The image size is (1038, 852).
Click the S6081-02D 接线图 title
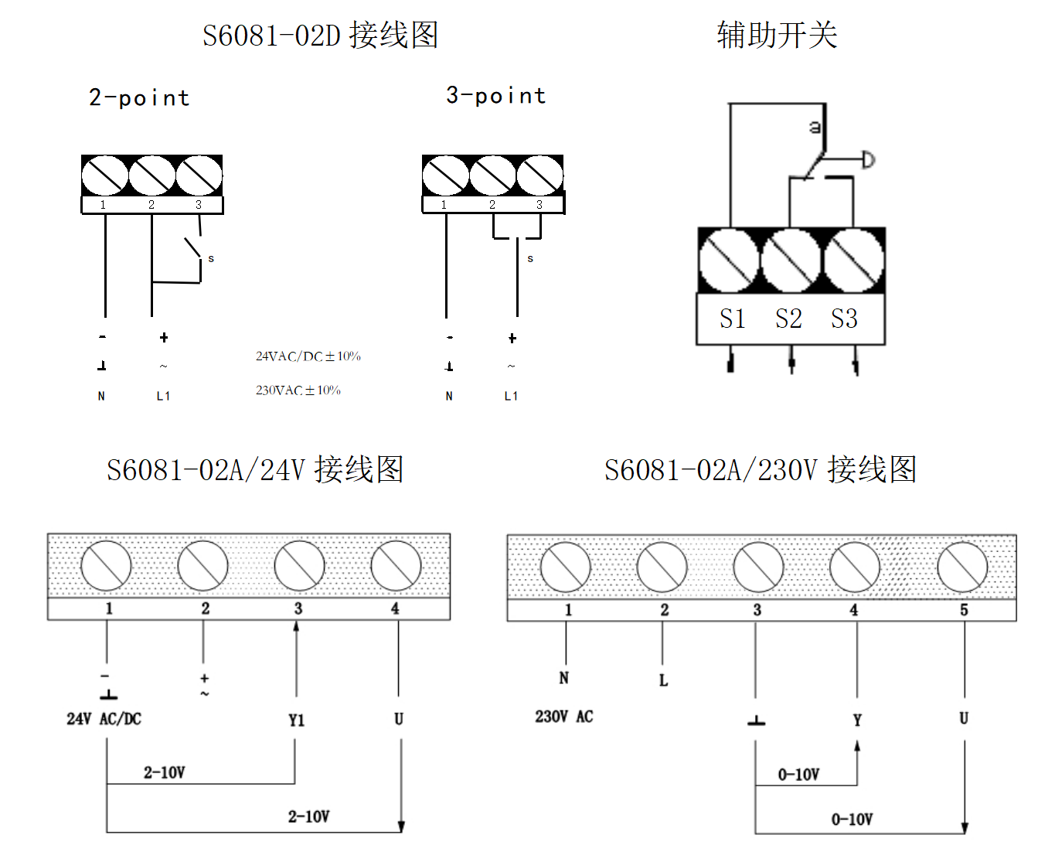[x=320, y=36]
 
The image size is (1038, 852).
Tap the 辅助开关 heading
[x=777, y=35]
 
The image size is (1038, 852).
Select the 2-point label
[x=139, y=97]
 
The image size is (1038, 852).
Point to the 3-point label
[x=495, y=95]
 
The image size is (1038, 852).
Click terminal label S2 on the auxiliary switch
[x=788, y=319]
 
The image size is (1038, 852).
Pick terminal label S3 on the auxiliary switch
[x=844, y=319]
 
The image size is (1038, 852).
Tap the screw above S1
[x=729, y=261]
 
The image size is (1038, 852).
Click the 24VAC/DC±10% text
[x=308, y=356]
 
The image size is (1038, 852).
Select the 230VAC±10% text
[x=298, y=390]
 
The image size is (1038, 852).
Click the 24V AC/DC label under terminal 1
[x=104, y=719]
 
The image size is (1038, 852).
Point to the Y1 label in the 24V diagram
[x=297, y=721]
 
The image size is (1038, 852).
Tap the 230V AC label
[x=563, y=717]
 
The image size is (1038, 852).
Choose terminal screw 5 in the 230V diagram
[x=962, y=567]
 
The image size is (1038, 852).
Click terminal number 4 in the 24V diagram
[x=395, y=608]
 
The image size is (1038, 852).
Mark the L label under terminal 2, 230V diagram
[x=663, y=680]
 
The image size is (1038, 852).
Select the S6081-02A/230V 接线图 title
[x=761, y=470]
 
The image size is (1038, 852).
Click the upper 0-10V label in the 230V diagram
[x=798, y=775]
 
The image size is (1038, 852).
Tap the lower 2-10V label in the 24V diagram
[x=308, y=816]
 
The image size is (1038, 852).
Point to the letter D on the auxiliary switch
[x=868, y=160]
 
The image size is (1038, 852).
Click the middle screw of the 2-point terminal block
[x=152, y=176]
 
